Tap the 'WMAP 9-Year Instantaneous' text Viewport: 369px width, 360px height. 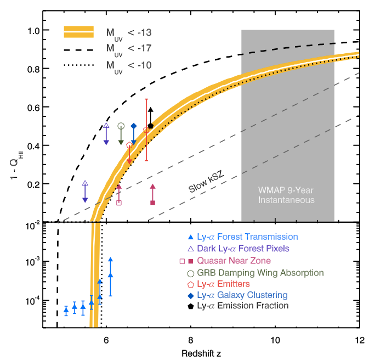click(287, 195)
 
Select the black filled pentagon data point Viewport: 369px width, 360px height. click(150, 126)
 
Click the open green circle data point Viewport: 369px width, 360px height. click(121, 126)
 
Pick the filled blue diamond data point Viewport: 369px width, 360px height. click(133, 126)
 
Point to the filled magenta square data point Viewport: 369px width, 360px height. click(152, 203)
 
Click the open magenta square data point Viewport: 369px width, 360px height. click(119, 203)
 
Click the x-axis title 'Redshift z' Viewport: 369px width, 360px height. click(201, 354)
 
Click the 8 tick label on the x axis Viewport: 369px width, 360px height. click(190, 339)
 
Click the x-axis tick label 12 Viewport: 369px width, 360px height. click(359, 339)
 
